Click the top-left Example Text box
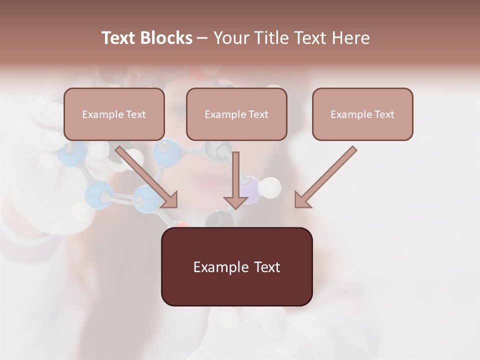click(x=114, y=114)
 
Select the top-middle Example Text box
click(x=236, y=114)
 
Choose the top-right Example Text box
click(x=362, y=114)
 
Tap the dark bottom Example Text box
click(x=236, y=266)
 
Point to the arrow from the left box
click(x=147, y=177)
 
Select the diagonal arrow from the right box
click(x=325, y=177)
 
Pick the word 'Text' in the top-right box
click(x=384, y=114)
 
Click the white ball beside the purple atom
click(x=271, y=187)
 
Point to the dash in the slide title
click(x=202, y=38)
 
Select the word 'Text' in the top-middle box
click(x=258, y=114)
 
